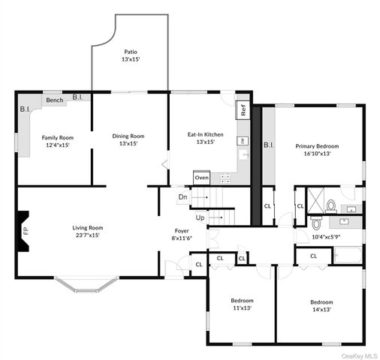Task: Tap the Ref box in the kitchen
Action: [243, 107]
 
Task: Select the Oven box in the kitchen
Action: [201, 178]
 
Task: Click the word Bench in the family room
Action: [54, 100]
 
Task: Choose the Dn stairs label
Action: [182, 197]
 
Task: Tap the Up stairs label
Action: [200, 217]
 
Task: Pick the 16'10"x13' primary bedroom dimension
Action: [317, 154]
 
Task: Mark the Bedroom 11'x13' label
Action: [242, 304]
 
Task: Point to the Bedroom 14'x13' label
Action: [321, 307]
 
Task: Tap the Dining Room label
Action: [128, 139]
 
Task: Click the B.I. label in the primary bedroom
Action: [268, 145]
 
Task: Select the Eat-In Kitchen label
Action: [205, 138]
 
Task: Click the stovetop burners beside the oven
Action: [222, 178]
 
